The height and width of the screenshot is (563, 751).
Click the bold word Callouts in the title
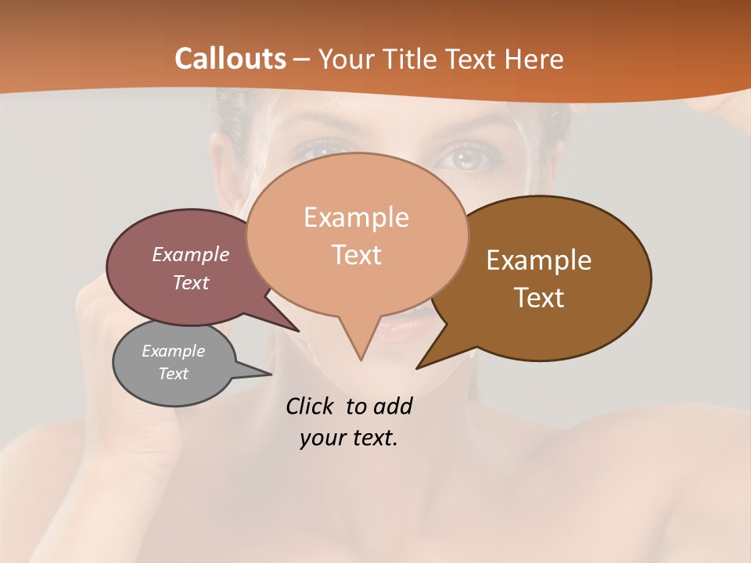tap(230, 59)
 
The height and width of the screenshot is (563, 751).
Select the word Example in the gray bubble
tap(173, 351)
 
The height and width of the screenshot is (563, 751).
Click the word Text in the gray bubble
tap(173, 374)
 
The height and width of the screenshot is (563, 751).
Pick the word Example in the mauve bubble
tap(190, 255)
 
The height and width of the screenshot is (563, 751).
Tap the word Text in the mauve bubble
tap(190, 282)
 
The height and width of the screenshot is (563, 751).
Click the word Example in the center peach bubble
tap(356, 217)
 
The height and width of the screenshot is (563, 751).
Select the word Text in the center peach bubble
tap(356, 255)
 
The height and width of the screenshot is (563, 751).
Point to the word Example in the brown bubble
tap(539, 260)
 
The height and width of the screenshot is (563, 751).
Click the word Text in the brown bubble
tap(539, 298)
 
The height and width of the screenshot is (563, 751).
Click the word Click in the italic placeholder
tap(309, 407)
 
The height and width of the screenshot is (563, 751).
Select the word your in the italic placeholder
tap(322, 438)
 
